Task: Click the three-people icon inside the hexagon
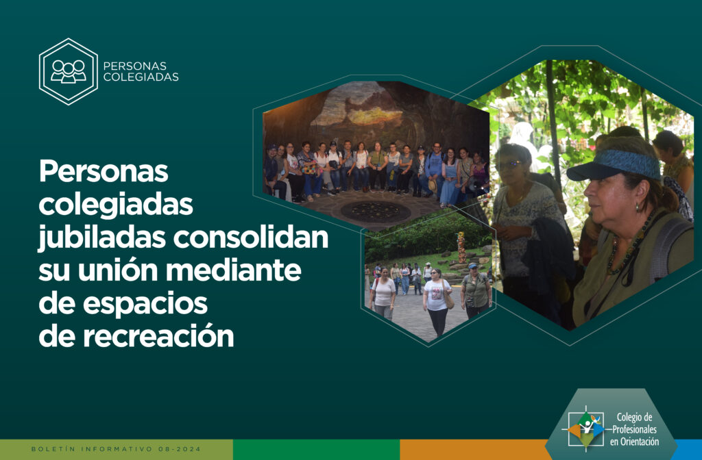point(68,71)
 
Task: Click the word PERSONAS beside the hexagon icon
point(135,66)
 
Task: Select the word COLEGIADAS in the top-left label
point(141,77)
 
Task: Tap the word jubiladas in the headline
point(102,238)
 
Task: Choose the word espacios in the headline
point(145,304)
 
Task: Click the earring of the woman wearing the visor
point(637,208)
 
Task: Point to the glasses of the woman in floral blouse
point(510,165)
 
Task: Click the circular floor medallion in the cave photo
point(375,212)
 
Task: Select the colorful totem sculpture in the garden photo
point(461,247)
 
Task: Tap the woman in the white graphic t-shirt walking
point(437,302)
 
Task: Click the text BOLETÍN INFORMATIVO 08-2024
point(117,449)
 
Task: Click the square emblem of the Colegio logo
point(586,430)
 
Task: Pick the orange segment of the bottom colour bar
point(474,450)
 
